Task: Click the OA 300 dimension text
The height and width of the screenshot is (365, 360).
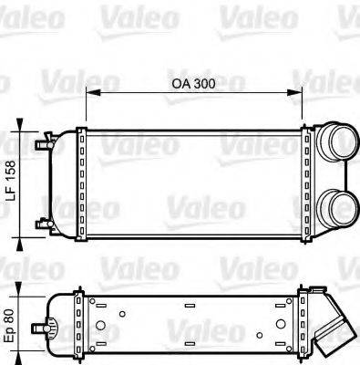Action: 193,83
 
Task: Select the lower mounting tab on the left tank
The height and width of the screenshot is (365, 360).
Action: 43,224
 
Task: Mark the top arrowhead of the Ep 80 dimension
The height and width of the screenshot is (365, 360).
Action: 25,290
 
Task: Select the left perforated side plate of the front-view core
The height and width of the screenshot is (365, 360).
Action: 82,182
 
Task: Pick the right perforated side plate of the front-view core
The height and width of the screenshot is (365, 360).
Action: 307,182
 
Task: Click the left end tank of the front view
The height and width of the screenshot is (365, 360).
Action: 64,182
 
